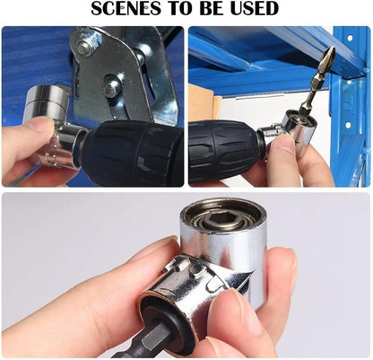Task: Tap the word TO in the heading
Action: click(x=179, y=11)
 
